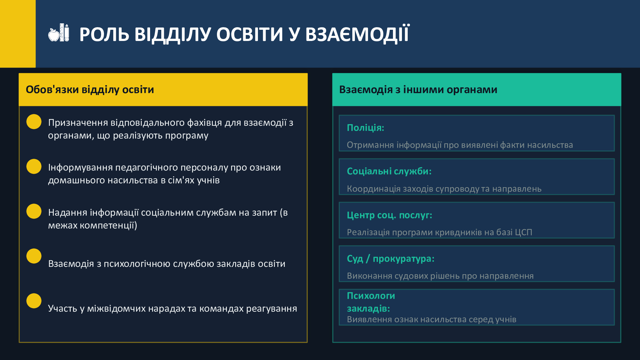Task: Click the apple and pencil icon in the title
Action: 59,33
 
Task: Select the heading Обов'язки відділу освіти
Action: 90,90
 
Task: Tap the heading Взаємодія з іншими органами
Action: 418,90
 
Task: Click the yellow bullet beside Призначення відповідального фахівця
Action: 34,122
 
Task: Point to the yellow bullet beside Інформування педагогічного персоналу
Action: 34,166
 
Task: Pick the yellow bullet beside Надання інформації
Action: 34,211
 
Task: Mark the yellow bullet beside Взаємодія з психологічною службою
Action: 34,256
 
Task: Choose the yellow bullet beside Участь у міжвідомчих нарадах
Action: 34,301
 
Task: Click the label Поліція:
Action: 365,128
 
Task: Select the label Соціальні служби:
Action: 389,172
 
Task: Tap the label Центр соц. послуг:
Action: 389,215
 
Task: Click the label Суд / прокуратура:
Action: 391,259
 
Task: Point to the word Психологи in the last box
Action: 371,296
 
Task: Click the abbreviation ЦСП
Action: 524,232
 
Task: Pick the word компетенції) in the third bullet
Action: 108,226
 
